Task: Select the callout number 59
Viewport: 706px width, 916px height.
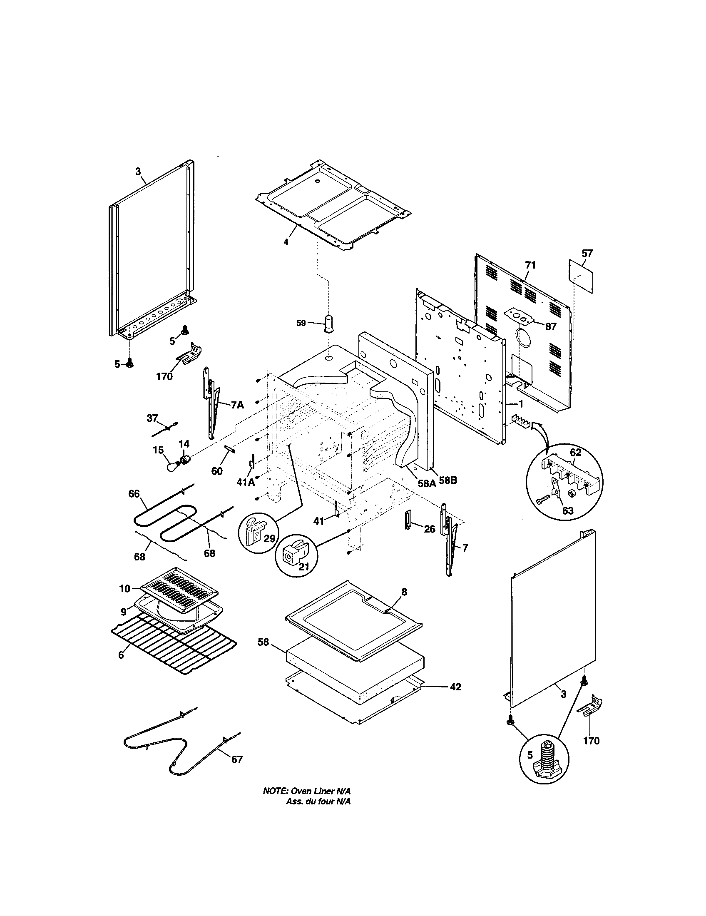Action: coord(301,324)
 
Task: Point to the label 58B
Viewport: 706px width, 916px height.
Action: coord(447,480)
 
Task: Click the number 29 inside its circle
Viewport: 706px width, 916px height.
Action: coord(269,538)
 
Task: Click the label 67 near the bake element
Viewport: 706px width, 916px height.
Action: coord(237,759)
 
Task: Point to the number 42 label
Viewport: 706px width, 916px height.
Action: coord(455,687)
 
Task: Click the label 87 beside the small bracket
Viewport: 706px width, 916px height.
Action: coord(550,326)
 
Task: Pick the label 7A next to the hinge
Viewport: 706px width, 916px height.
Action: coord(237,405)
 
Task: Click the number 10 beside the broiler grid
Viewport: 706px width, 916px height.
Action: coord(125,588)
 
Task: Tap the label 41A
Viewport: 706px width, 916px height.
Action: coord(246,482)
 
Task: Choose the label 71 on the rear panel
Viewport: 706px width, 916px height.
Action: coord(530,265)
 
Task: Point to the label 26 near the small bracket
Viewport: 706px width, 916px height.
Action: coord(429,529)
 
